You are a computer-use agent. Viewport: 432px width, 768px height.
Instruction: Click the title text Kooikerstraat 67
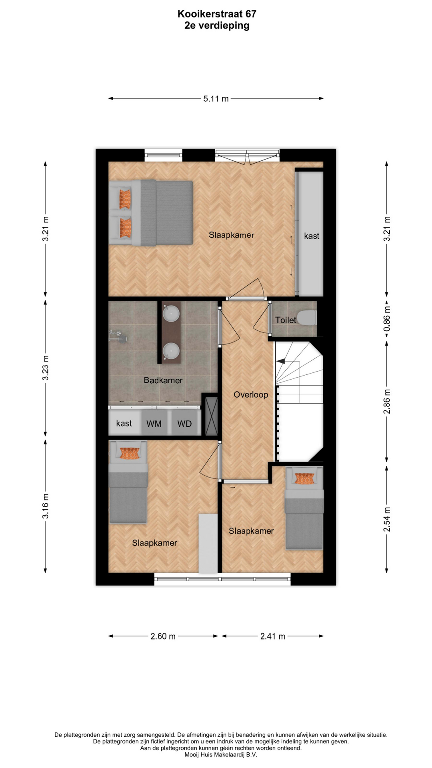[217, 14]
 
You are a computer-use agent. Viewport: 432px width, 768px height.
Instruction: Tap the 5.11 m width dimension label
[216, 99]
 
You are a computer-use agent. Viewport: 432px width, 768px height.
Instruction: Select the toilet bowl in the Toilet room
[308, 318]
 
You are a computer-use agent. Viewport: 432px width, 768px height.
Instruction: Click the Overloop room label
[251, 395]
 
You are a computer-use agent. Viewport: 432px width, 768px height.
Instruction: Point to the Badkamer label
[163, 380]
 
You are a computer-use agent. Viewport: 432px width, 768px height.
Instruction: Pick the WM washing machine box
[154, 423]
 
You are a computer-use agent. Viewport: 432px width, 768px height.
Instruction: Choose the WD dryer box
[185, 423]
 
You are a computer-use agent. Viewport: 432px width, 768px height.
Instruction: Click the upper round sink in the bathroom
[171, 313]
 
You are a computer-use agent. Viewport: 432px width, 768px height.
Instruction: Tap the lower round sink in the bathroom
[171, 351]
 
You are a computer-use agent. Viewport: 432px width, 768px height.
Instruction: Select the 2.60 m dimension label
[163, 636]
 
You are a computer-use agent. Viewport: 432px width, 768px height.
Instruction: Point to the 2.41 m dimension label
[273, 636]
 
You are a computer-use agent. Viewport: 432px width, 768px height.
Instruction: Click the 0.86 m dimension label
[387, 319]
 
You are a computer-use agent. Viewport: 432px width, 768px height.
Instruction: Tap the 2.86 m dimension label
[387, 402]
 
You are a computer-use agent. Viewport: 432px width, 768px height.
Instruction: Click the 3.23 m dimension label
[46, 368]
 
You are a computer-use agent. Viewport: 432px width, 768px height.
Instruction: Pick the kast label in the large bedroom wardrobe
[312, 236]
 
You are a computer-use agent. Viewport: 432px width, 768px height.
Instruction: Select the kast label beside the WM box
[124, 423]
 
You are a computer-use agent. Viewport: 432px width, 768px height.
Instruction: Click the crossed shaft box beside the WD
[211, 416]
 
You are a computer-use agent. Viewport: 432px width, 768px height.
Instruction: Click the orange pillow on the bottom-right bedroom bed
[304, 478]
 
